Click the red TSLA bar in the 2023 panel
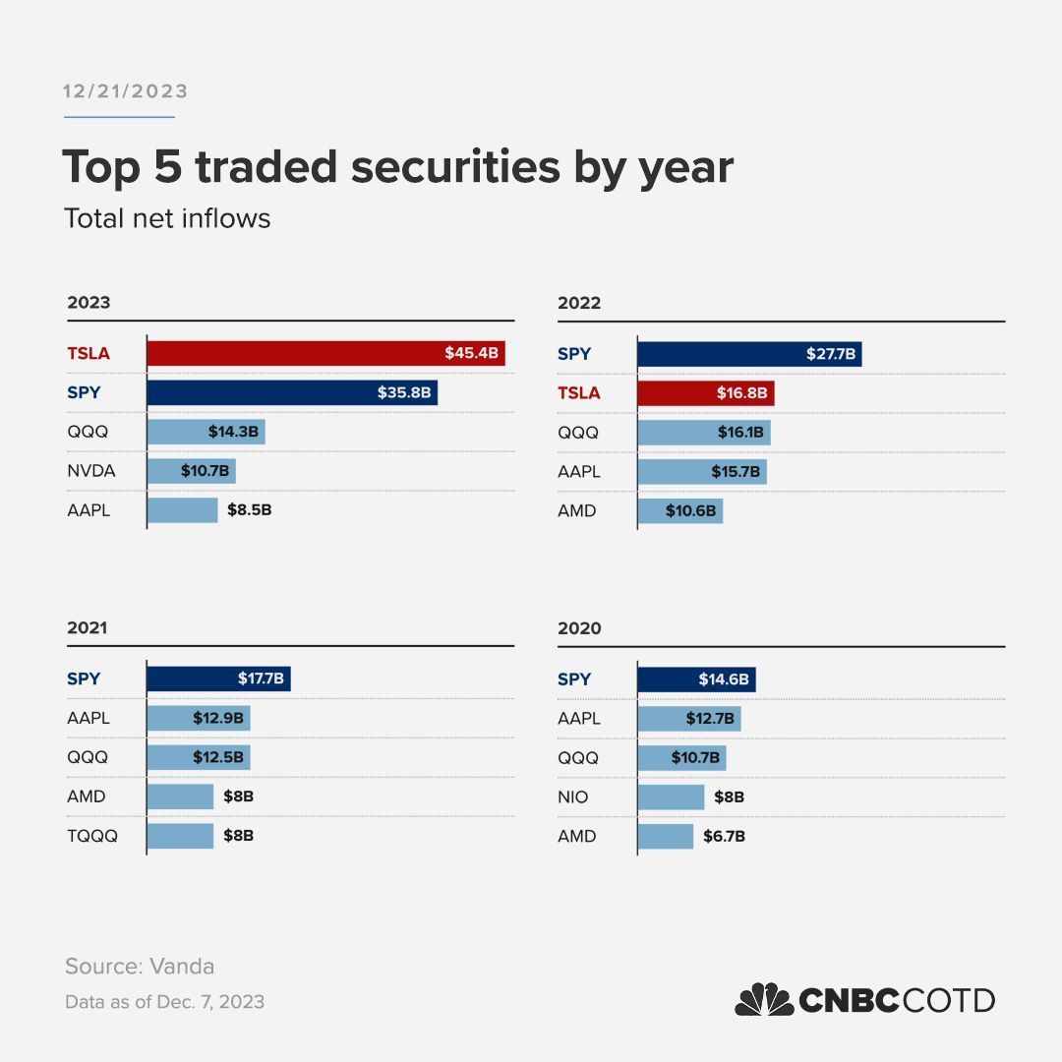tap(325, 353)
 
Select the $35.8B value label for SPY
tap(403, 392)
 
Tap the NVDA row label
tap(91, 471)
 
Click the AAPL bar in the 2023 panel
tap(182, 510)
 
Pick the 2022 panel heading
tap(579, 303)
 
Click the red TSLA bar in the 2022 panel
tap(705, 393)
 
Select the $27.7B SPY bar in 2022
tap(749, 354)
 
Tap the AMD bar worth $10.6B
tap(679, 511)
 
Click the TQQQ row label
tap(92, 836)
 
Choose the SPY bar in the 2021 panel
tap(218, 678)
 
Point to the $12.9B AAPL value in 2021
tap(219, 718)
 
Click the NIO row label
tap(572, 796)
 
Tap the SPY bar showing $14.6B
tap(696, 678)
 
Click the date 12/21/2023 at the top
tap(126, 91)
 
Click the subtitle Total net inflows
tap(167, 217)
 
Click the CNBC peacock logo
tap(765, 1000)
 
